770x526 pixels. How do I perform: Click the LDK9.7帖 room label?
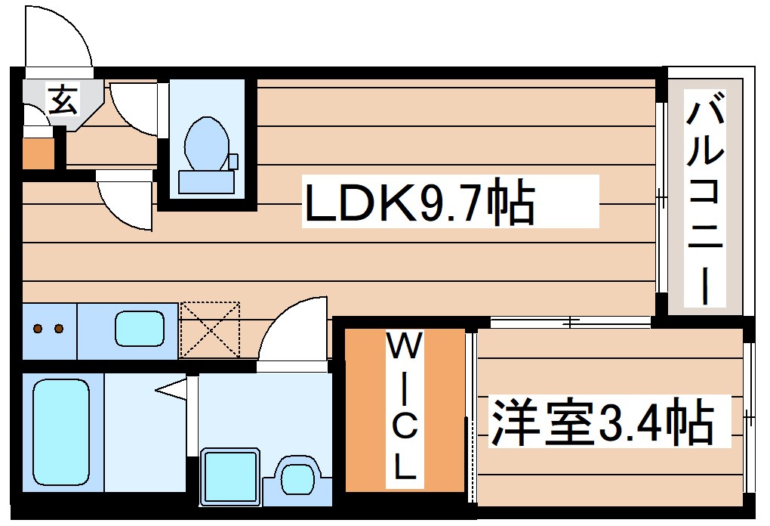pos(419,202)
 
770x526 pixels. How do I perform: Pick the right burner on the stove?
pos(57,329)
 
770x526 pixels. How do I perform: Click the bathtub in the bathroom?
pos(60,431)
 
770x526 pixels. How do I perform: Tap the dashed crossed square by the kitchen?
pos(209,330)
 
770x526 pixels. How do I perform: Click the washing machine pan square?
pos(230,476)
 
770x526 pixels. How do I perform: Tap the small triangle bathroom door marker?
pos(171,390)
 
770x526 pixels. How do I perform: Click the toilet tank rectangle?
pos(205,182)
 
